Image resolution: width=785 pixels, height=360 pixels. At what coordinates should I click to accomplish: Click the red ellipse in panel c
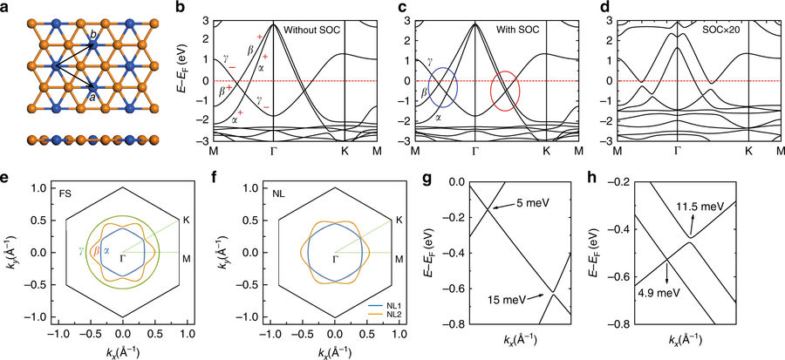[x=506, y=90]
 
